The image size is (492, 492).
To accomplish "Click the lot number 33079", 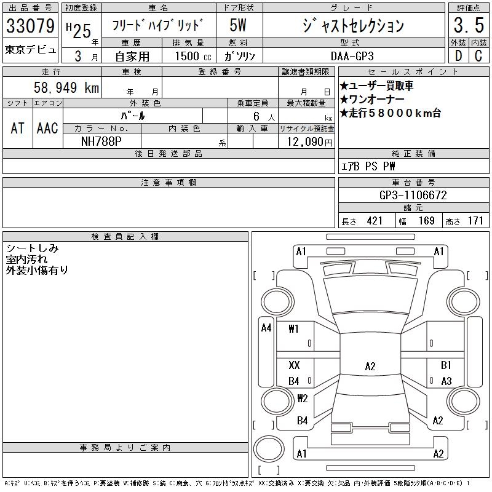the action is tap(30, 26).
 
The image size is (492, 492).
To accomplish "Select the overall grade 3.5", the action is tap(469, 25).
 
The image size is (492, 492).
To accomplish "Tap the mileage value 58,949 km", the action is tap(66, 87).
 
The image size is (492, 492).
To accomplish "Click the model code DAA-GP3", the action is tap(352, 56).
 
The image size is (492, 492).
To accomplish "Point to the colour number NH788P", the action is tap(101, 141).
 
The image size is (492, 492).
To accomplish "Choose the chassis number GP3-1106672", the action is tap(413, 195).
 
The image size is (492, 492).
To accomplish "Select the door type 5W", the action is tap(238, 25).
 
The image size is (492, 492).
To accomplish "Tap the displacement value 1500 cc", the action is tap(193, 56).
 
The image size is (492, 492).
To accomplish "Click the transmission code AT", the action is tap(18, 128).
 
